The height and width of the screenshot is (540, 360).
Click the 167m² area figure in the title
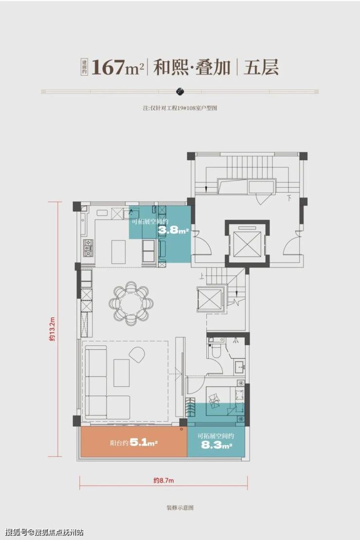click(x=117, y=68)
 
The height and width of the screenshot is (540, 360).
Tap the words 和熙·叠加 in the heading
click(x=192, y=67)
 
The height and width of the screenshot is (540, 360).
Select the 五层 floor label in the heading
click(x=261, y=67)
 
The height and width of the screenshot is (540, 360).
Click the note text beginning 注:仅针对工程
click(x=180, y=108)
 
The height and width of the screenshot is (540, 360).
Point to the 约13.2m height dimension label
click(x=52, y=329)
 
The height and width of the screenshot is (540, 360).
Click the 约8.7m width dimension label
click(x=163, y=481)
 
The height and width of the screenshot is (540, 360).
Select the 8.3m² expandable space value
click(x=216, y=445)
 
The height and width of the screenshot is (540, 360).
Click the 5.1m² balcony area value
click(x=144, y=443)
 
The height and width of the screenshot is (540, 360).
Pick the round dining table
click(x=131, y=304)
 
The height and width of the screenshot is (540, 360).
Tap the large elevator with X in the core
click(x=247, y=244)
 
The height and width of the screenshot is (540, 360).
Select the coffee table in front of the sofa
click(x=122, y=373)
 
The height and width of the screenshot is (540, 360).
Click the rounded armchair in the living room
click(x=138, y=354)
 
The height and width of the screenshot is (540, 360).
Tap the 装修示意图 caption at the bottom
click(x=180, y=507)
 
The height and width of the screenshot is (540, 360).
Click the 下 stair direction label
click(x=289, y=198)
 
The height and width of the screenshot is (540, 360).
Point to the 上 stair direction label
click(x=201, y=276)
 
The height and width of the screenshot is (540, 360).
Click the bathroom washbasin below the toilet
click(x=240, y=366)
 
